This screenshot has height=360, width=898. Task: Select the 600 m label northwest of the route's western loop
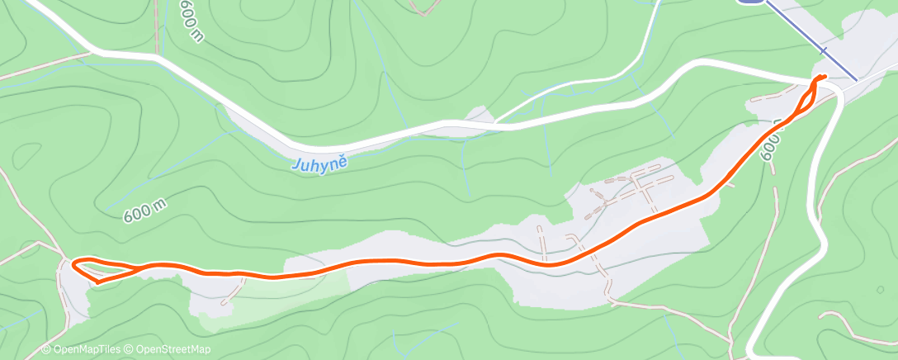[x=146, y=209]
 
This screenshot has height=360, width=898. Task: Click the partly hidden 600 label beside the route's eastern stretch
[x=769, y=149]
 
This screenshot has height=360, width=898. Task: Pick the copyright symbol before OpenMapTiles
[x=46, y=350]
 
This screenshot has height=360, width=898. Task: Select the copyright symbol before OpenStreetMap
[x=130, y=350]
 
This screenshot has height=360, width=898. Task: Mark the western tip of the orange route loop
[x=74, y=264]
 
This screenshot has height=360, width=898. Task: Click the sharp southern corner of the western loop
[x=98, y=282]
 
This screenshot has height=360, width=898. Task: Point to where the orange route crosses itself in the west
[x=135, y=267]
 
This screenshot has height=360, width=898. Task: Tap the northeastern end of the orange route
[x=824, y=77]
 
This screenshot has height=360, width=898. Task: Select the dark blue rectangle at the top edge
[x=749, y=2]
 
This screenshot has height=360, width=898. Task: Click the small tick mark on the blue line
[x=824, y=51]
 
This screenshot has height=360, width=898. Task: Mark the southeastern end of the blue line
[x=856, y=79]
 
